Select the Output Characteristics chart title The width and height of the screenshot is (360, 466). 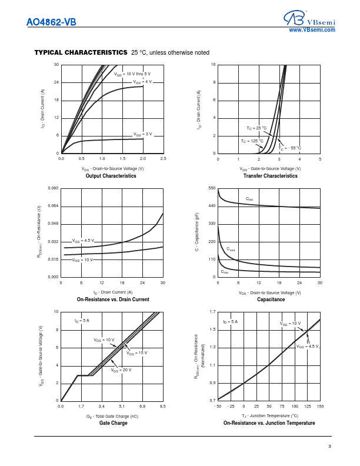pyautogui.click(x=111, y=176)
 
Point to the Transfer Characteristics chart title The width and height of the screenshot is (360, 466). pyautogui.click(x=269, y=176)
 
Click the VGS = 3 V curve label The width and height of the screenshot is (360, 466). pyautogui.click(x=142, y=134)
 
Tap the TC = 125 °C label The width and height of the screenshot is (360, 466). pyautogui.click(x=252, y=141)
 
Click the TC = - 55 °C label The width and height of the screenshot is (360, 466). pyautogui.click(x=290, y=148)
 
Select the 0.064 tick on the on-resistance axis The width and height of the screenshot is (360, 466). pyautogui.click(x=52, y=206)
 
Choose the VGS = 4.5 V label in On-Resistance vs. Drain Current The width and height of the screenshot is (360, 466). pyautogui.click(x=83, y=241)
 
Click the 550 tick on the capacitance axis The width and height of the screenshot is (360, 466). pyautogui.click(x=212, y=188)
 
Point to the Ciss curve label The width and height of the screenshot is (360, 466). pyautogui.click(x=249, y=199)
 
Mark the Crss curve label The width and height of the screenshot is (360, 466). pyautogui.click(x=225, y=272)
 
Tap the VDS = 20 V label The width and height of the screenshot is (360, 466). pyautogui.click(x=121, y=370)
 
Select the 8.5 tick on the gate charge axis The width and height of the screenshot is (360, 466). pyautogui.click(x=162, y=407)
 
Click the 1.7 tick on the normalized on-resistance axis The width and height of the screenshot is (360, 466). pyautogui.click(x=212, y=312)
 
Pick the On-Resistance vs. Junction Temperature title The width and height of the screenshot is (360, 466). pyautogui.click(x=269, y=423)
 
